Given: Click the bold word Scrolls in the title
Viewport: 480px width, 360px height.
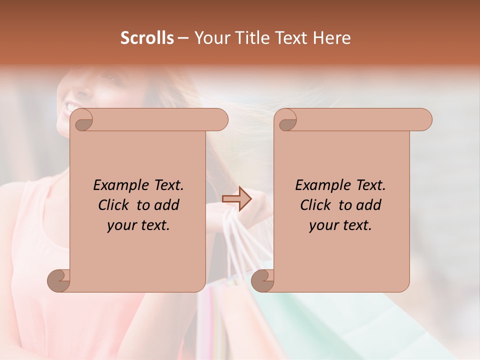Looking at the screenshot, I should [147, 38].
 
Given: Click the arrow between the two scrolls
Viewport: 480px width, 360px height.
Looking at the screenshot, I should [236, 199].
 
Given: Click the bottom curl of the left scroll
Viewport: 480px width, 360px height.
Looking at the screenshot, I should [58, 281].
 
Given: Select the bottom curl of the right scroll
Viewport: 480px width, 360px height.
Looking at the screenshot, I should [262, 281].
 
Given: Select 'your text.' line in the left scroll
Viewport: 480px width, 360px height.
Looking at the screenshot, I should [138, 225].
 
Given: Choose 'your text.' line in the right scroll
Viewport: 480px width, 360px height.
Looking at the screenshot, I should [340, 225].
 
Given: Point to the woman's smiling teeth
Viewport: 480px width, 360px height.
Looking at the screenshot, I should [70, 107].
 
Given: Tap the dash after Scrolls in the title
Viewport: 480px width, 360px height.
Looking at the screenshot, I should [183, 38].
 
